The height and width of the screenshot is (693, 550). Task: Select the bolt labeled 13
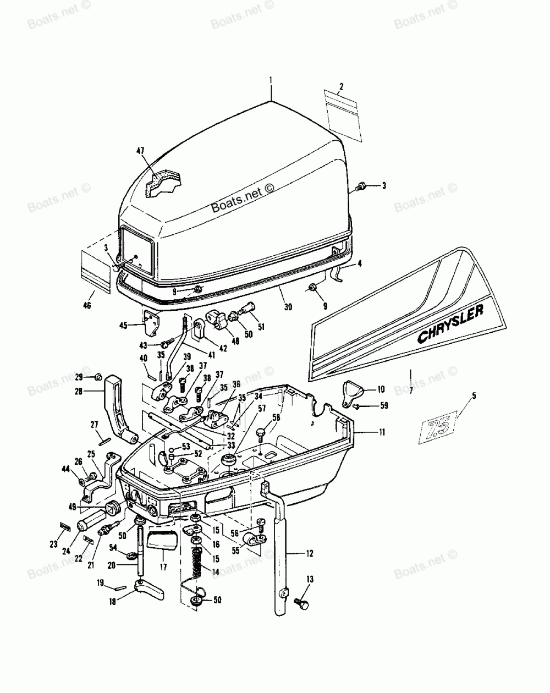pos(301,604)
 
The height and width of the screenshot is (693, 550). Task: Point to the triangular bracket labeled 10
pos(354,393)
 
